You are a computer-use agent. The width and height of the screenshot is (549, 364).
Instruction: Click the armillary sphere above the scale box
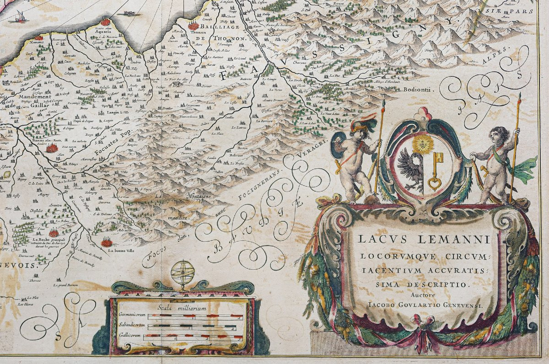[x=183, y=272]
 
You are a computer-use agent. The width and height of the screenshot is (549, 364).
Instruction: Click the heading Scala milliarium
[x=182, y=308]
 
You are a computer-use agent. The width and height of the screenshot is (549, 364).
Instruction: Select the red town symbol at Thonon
[x=194, y=26]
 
